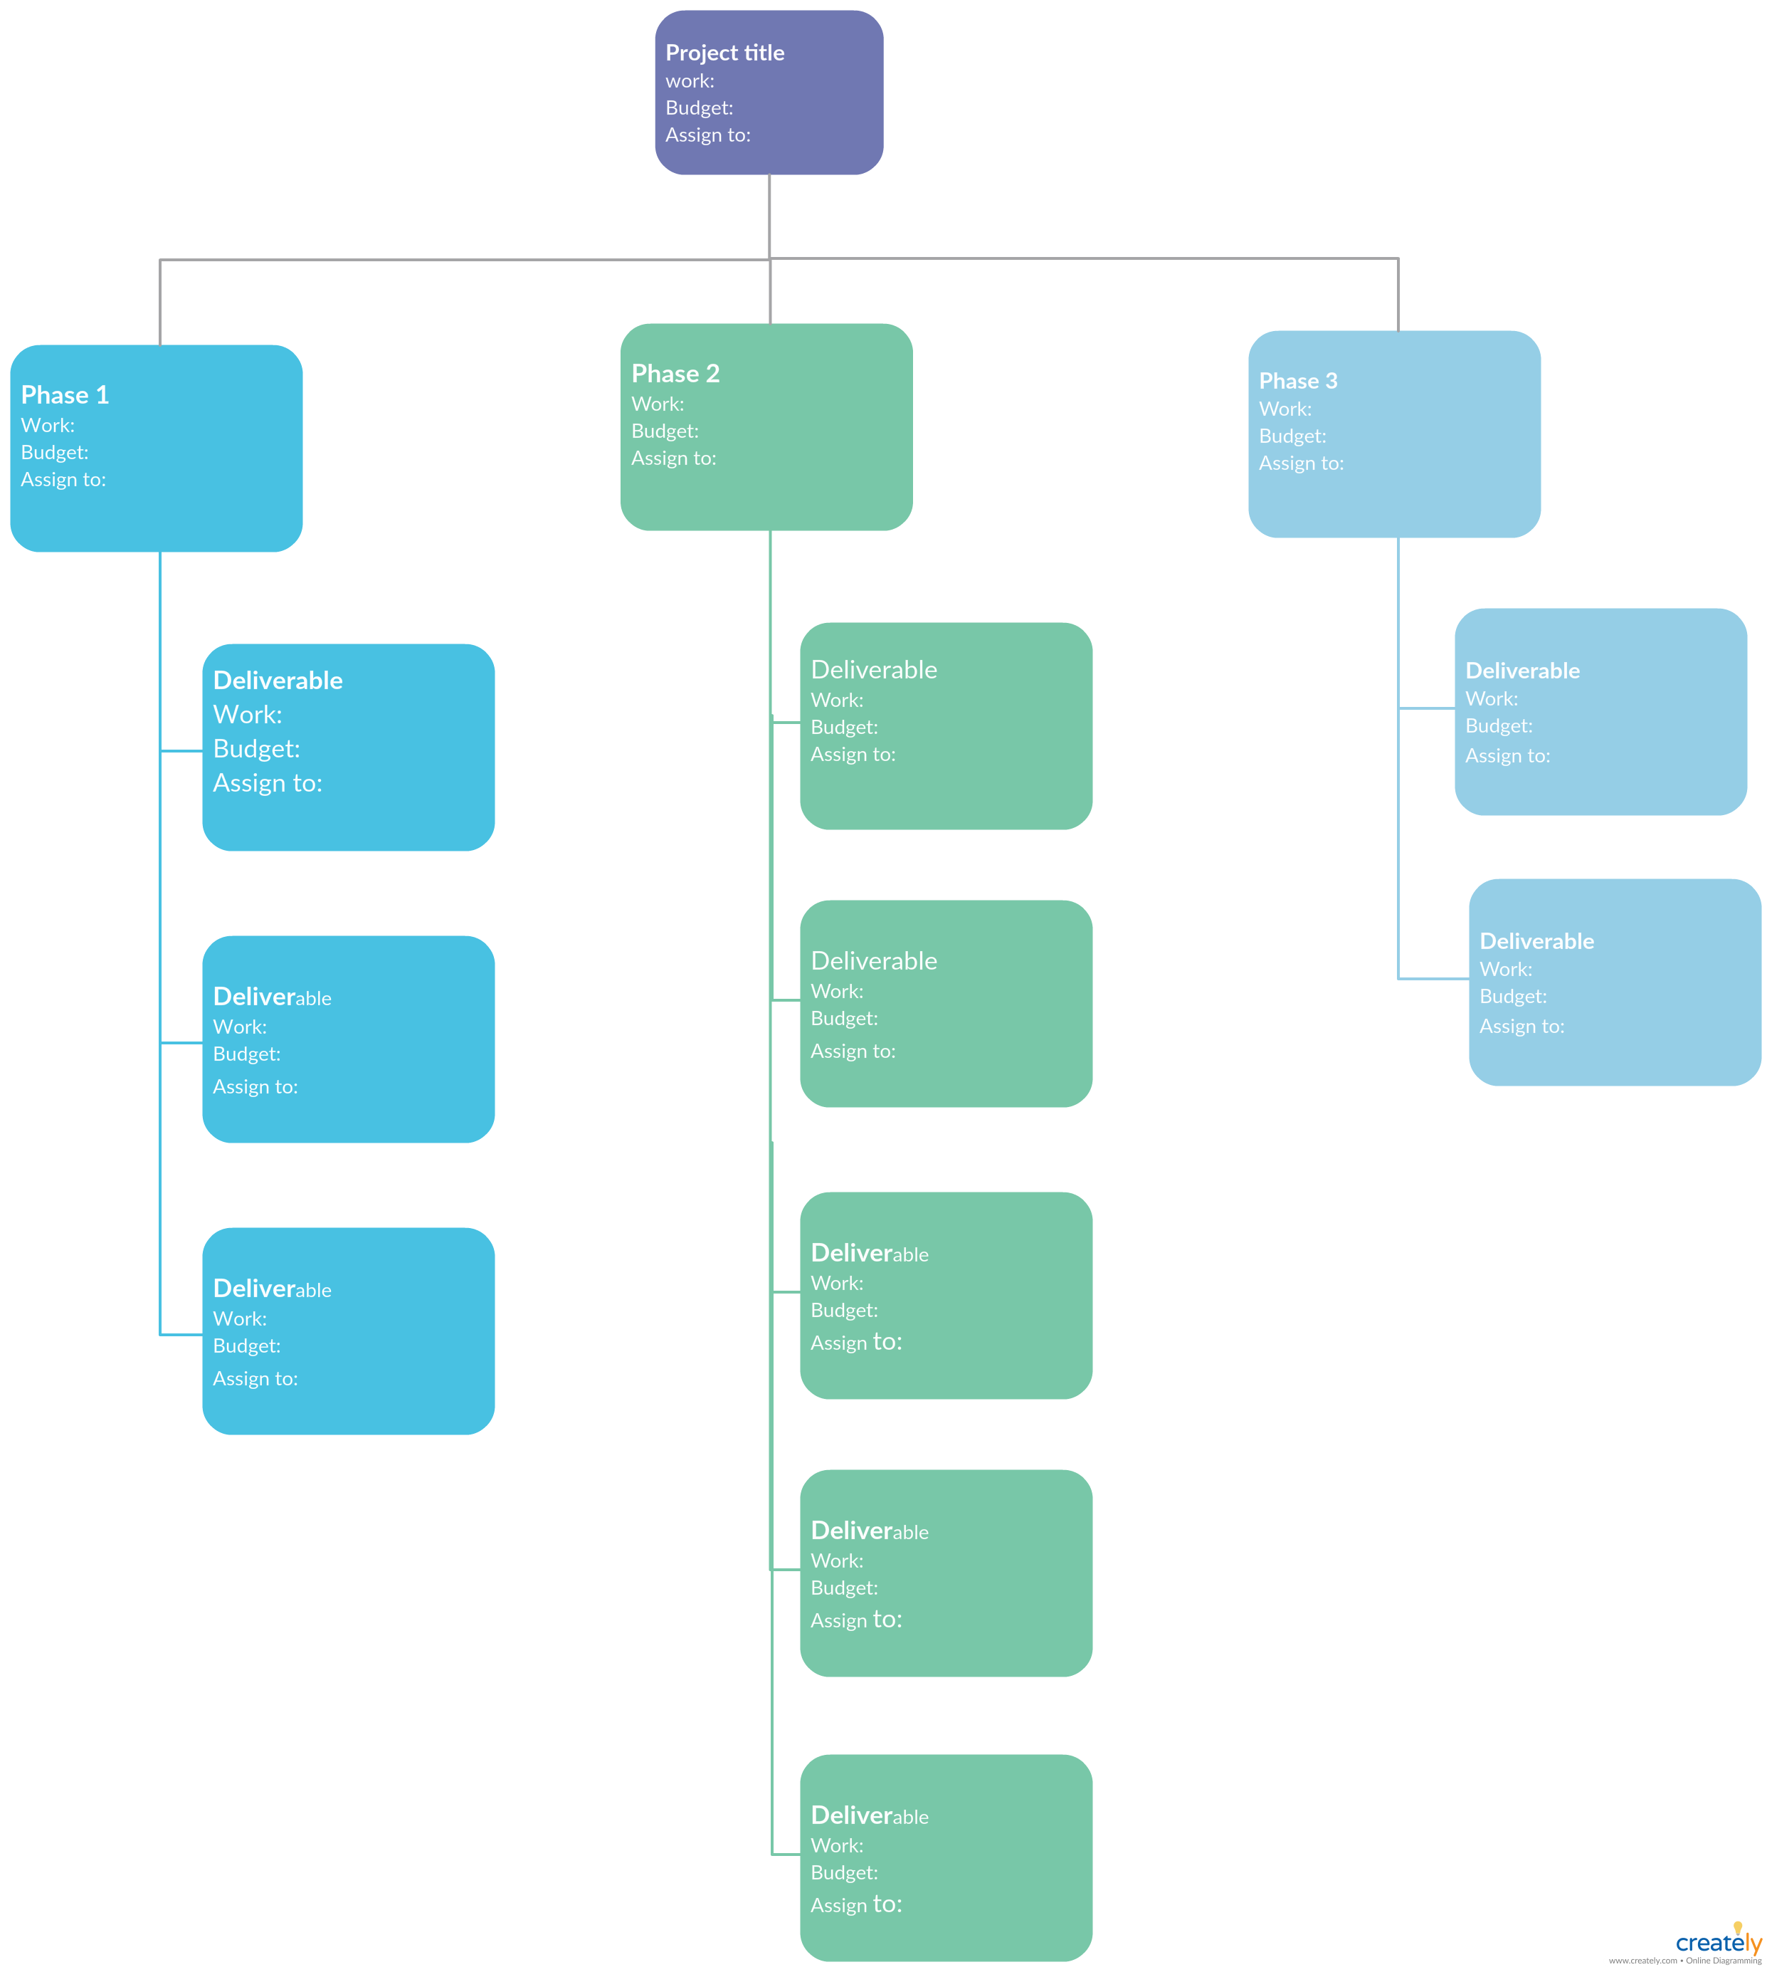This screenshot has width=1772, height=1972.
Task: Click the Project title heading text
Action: point(724,53)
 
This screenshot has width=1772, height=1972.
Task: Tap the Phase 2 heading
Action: point(675,373)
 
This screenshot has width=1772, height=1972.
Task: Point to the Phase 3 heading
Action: point(1298,381)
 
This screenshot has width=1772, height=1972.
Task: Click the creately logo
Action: point(1719,1942)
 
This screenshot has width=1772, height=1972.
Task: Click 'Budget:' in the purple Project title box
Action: point(699,108)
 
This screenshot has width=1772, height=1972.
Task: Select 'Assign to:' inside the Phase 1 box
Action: point(63,479)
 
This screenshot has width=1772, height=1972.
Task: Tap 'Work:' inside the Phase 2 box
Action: point(657,403)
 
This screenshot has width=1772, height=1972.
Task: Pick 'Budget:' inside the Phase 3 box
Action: point(1292,436)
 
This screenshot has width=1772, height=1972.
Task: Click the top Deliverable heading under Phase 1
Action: point(278,680)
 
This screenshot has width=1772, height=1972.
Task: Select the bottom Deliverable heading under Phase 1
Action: point(272,1289)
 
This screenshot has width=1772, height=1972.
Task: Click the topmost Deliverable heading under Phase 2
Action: point(873,669)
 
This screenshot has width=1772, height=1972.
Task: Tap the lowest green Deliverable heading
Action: point(870,1815)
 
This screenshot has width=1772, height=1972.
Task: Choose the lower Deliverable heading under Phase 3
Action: point(1536,940)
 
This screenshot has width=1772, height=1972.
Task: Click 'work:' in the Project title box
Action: point(690,81)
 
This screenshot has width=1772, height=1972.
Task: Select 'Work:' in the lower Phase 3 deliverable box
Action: point(1505,969)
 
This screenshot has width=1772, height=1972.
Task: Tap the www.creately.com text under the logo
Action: point(1642,1961)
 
